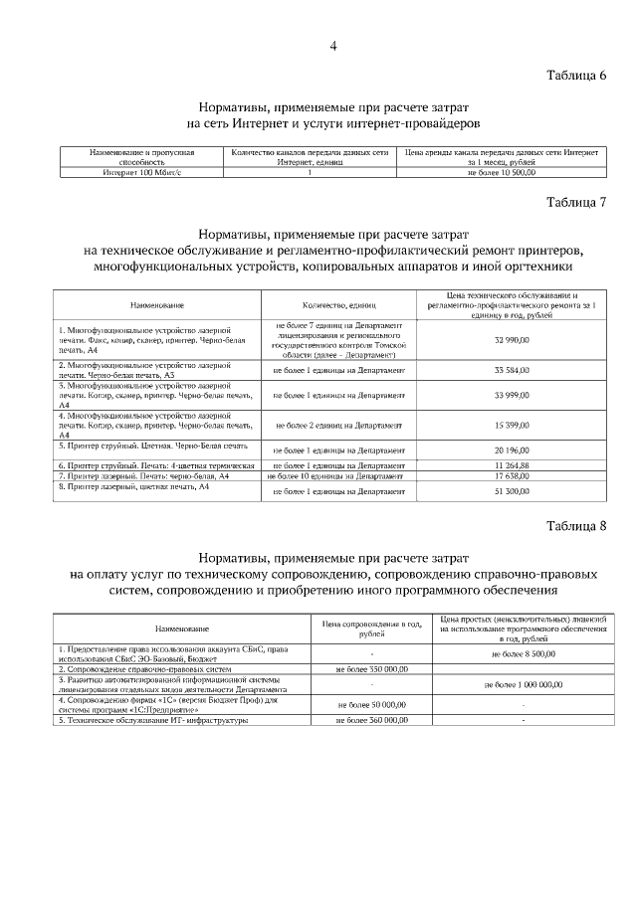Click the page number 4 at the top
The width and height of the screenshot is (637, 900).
333,46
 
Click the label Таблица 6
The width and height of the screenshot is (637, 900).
576,77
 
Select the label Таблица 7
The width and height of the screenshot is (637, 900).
576,202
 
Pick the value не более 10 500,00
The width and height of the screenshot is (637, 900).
502,172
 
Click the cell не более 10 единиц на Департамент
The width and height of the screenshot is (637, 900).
338,476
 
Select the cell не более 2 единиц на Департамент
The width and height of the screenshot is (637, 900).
338,425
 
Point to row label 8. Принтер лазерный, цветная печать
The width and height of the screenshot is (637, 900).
133,486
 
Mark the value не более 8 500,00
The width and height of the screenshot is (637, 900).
525,654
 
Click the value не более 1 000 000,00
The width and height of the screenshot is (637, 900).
525,684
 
